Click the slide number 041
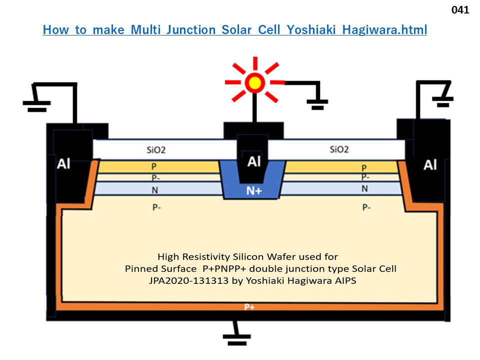(x=460, y=9)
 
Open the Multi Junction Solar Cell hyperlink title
(x=234, y=30)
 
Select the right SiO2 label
(x=339, y=149)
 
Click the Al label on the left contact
(x=64, y=164)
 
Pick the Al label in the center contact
(x=254, y=161)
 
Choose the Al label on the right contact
(x=430, y=164)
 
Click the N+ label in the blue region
(x=252, y=190)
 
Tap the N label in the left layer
(x=154, y=188)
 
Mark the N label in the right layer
(x=364, y=188)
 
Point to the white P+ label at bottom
(x=249, y=307)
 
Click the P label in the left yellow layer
(x=154, y=166)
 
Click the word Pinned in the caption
(x=141, y=268)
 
